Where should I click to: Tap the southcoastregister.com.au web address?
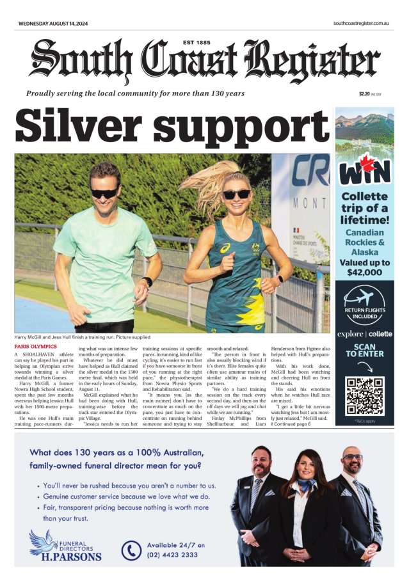point(362,23)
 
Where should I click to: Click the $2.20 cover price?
point(365,93)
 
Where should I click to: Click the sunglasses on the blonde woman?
point(236,194)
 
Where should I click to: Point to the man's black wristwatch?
point(147,282)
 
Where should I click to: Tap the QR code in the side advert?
point(364,396)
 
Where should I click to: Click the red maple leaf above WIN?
point(365,160)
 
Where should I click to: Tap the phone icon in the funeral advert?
point(131,550)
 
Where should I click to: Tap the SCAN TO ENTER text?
point(364,349)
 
